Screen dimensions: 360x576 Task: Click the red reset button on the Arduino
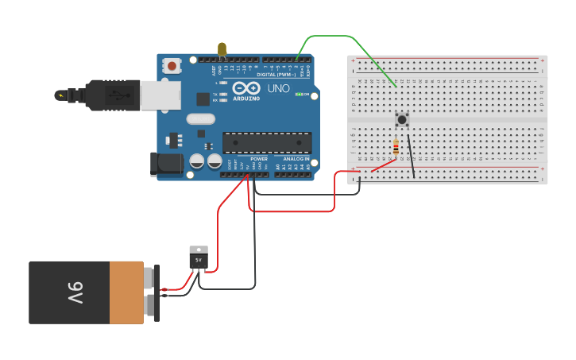pos(172,67)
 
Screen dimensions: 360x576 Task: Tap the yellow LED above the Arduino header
pos(222,50)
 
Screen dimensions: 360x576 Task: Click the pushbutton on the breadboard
pos(402,120)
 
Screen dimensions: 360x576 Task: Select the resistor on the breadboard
pos(396,148)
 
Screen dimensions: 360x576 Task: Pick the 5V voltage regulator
pos(199,258)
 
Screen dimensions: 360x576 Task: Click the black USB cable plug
pos(111,95)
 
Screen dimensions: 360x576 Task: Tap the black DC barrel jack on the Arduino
pos(165,164)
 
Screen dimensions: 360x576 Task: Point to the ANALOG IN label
pos(292,159)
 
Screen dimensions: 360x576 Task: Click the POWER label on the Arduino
pos(259,159)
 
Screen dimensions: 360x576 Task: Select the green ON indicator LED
pos(300,94)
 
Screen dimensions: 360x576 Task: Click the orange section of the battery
pos(126,292)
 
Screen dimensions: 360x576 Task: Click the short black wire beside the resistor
pos(411,156)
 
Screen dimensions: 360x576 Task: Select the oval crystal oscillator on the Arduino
pos(201,119)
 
